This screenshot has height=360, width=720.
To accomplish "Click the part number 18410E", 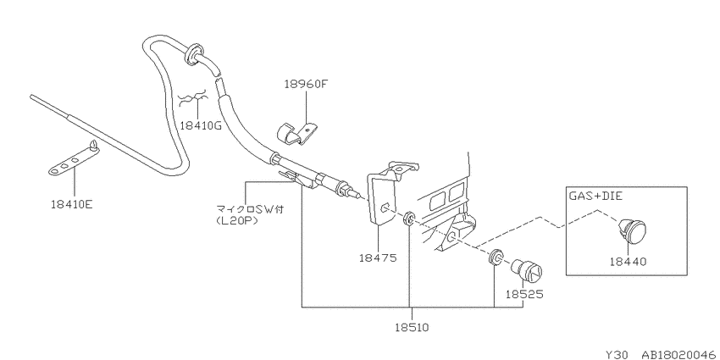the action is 72,203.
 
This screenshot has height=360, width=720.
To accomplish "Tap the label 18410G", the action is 201,125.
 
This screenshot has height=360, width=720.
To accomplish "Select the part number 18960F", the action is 305,84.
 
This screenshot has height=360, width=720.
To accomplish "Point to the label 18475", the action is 378,258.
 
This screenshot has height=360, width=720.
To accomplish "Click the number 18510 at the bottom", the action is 412,328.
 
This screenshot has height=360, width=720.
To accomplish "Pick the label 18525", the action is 524,294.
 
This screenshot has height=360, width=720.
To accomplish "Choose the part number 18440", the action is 629,262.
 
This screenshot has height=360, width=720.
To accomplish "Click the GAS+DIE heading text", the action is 596,196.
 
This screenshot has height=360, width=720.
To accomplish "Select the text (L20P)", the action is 236,220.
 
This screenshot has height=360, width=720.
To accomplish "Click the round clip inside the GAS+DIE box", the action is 631,230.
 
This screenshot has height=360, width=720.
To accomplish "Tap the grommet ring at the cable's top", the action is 194,53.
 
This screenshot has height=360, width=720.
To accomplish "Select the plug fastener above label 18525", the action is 527,271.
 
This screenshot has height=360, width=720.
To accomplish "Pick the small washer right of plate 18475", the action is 408,219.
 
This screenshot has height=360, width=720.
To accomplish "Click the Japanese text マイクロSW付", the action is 250,209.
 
